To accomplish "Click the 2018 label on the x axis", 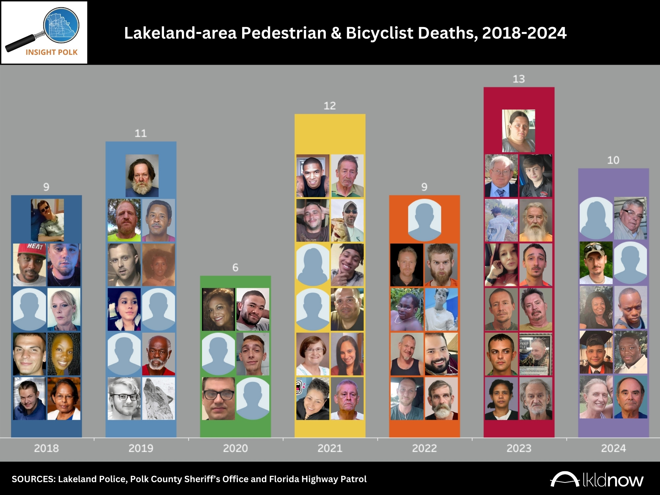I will click(46, 448).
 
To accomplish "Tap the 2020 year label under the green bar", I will click(235, 448).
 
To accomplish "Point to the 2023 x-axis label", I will click(519, 448).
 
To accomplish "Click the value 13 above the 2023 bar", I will click(519, 79).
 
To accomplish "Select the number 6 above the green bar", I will click(235, 267).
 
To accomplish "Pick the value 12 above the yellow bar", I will click(330, 106).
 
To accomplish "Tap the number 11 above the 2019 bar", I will click(141, 133).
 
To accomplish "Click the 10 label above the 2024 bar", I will click(613, 160).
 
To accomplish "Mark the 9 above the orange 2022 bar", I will click(424, 187).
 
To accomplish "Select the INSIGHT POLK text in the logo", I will click(51, 52).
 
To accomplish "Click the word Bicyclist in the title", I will click(379, 33).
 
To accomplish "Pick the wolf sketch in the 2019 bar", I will click(158, 398).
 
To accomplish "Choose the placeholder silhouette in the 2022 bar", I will click(424, 220).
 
